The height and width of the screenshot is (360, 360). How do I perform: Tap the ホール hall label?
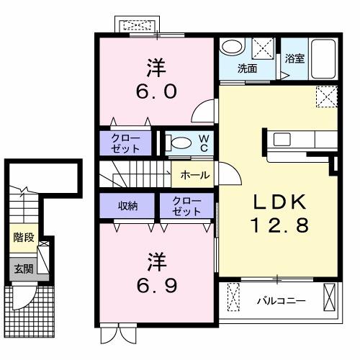point(194,175)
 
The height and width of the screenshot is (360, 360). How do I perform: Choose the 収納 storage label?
point(127,205)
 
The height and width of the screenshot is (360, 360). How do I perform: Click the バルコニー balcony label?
point(281,300)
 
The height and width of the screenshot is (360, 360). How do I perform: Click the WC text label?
point(204,143)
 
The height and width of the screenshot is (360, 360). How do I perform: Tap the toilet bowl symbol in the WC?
point(180,143)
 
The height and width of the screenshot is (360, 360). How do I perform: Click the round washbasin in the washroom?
point(232,48)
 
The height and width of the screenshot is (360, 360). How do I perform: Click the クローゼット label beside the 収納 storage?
point(187,206)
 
